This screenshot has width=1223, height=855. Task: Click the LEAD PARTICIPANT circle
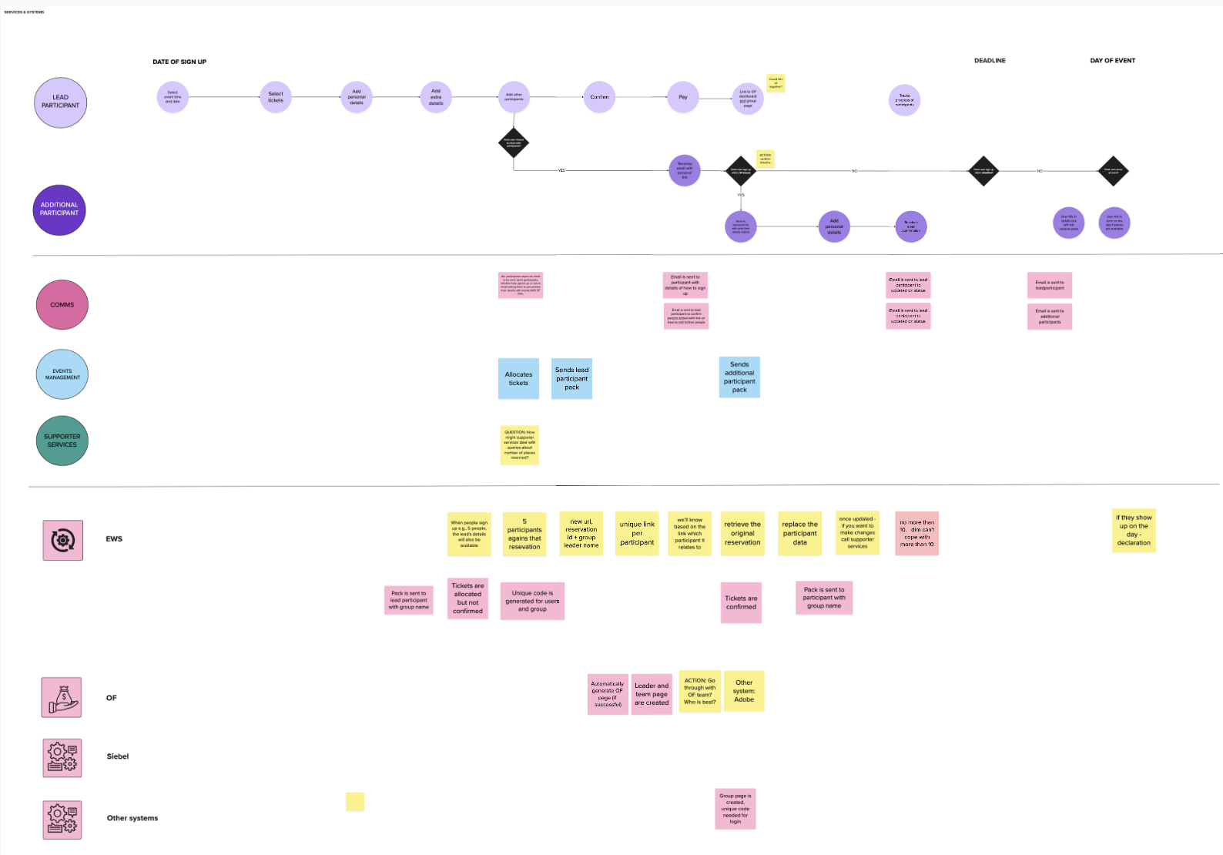pos(60,102)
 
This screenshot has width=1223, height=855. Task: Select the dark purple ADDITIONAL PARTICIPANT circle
pos(59,210)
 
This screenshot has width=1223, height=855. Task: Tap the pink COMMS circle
pos(62,305)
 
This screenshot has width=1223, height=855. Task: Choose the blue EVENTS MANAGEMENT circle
pos(62,374)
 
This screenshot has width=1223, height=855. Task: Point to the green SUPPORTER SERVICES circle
pos(62,441)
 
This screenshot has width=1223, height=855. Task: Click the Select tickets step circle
pos(276,97)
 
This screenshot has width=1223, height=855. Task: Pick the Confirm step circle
pos(599,97)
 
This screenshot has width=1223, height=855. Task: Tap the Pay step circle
pos(683,97)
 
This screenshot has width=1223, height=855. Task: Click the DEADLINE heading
pos(990,60)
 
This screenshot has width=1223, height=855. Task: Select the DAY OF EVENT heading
pos(1112,60)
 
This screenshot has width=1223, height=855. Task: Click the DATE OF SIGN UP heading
pos(179,62)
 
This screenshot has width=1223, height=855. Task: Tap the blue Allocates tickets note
pos(518,378)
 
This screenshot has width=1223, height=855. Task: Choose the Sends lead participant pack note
pos(571,378)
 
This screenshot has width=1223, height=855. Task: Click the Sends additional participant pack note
pos(739,377)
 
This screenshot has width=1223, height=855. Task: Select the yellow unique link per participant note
pos(637,533)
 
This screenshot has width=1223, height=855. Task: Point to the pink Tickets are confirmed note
pos(741,602)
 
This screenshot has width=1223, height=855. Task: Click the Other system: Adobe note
pos(744,691)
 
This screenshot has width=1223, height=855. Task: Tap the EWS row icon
pos(63,540)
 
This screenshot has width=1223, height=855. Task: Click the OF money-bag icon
pos(62,698)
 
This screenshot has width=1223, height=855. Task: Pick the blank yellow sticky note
pos(355,802)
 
